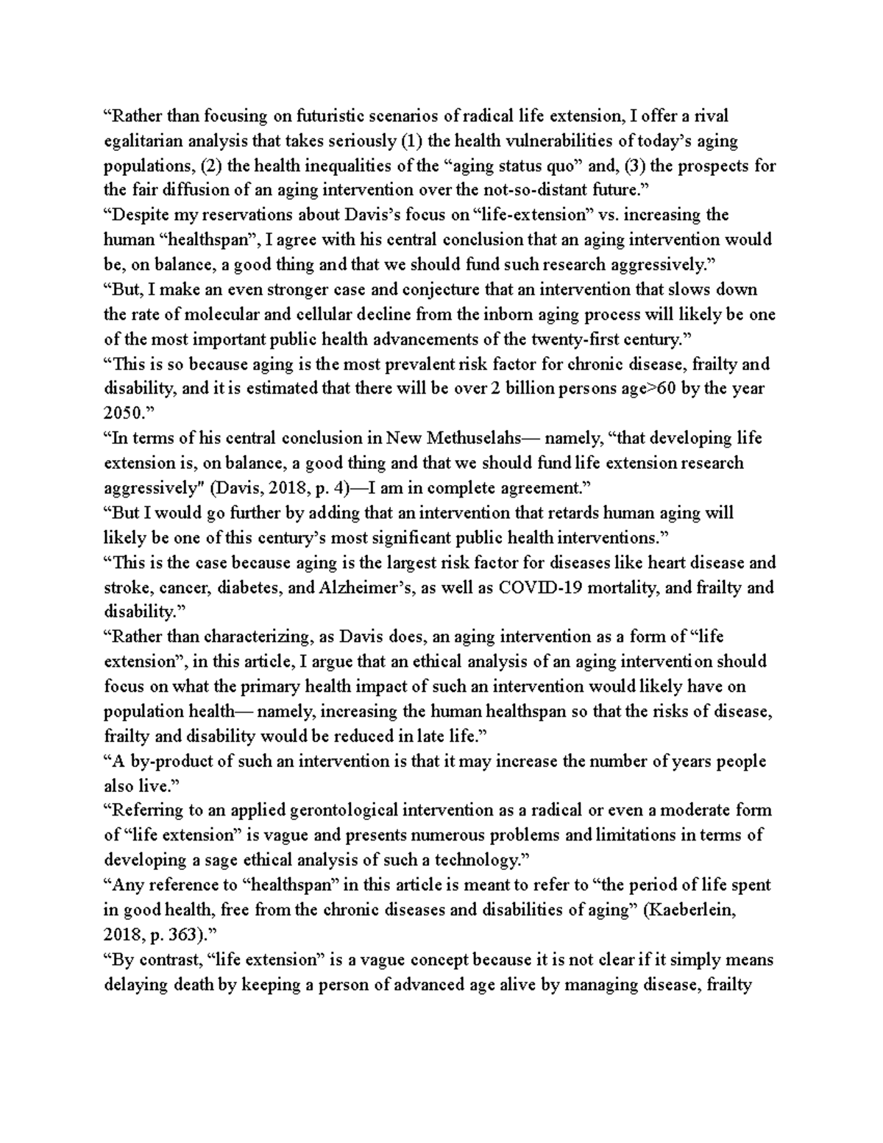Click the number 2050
tap(121, 414)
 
